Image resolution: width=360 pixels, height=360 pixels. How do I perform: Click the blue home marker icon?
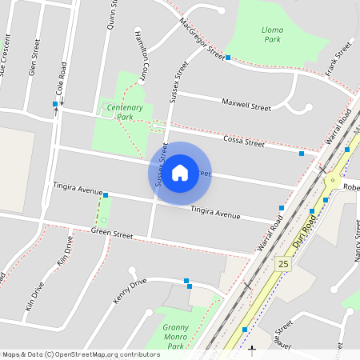pyautogui.click(x=180, y=173)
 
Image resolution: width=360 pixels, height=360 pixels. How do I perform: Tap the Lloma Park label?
pyautogui.click(x=273, y=34)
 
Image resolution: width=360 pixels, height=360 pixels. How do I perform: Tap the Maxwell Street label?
pyautogui.click(x=246, y=105)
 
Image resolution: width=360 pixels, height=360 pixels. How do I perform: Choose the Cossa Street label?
pyautogui.click(x=243, y=141)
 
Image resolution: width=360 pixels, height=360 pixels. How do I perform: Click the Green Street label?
pyautogui.click(x=111, y=234)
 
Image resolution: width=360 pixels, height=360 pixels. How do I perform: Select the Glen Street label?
pyautogui.click(x=33, y=62)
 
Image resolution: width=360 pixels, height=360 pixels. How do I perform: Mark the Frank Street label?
pyautogui.click(x=339, y=62)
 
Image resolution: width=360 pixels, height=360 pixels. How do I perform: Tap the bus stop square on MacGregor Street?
pyautogui.click(x=228, y=58)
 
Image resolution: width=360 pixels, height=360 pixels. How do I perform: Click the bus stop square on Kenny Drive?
pyautogui.click(x=187, y=281)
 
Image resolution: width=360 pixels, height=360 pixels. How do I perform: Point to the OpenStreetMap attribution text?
pyautogui.click(x=80, y=354)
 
